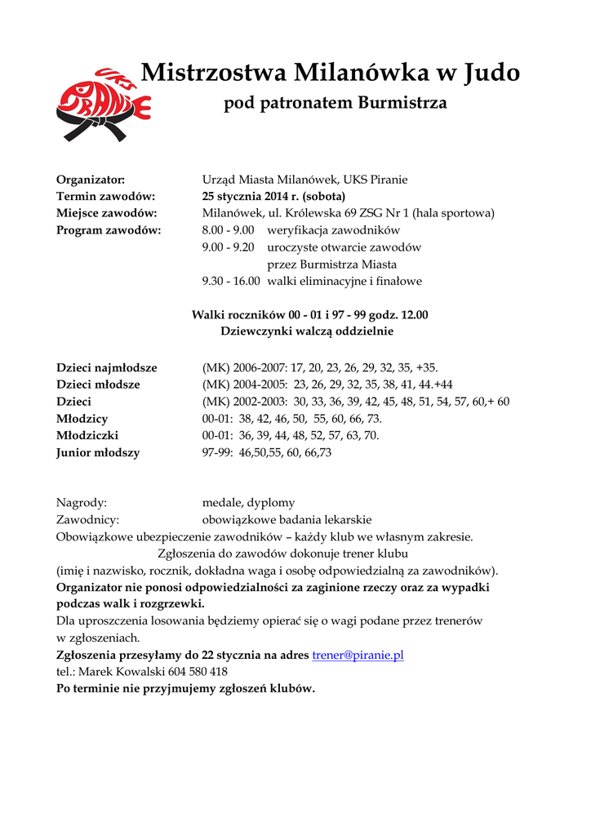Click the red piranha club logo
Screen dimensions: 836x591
pos(103,104)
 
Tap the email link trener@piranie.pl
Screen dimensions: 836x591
pos(358,655)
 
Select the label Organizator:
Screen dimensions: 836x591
pos(90,180)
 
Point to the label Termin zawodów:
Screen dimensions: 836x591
pos(105,197)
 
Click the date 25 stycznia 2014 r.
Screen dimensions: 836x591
pos(251,197)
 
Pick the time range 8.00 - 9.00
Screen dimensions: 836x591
pos(229,230)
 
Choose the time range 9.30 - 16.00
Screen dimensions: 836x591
pos(231,282)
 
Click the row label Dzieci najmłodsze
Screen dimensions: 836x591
pos(106,367)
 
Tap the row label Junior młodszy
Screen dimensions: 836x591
pos(97,452)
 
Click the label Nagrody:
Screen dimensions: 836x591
pos(81,503)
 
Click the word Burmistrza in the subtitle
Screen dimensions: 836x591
pos(402,104)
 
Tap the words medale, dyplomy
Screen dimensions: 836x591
pos(248,503)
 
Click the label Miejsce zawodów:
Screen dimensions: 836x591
pos(106,213)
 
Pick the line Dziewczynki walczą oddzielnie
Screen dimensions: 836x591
pos(307,331)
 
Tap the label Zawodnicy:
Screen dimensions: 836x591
pos(87,520)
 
